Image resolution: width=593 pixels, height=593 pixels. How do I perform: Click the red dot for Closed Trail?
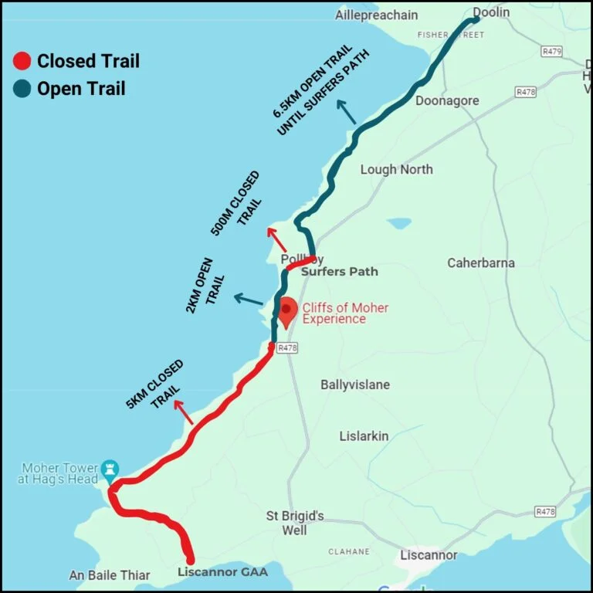click(x=23, y=61)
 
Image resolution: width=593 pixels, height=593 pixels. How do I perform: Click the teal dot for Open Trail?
click(x=23, y=89)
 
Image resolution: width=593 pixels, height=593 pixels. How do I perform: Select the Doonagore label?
click(x=447, y=101)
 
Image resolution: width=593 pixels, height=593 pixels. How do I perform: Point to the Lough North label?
click(x=397, y=169)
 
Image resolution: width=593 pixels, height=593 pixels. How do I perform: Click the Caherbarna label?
click(x=480, y=263)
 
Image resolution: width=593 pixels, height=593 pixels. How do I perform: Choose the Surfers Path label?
click(x=340, y=272)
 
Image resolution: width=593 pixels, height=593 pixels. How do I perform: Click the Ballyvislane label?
click(x=355, y=385)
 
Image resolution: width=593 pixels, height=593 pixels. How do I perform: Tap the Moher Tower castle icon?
click(x=112, y=469)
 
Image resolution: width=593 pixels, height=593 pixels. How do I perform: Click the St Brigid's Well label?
click(x=295, y=523)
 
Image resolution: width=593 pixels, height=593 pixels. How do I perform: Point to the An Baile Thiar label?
click(x=110, y=575)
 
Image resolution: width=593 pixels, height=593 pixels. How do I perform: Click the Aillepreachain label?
click(x=376, y=15)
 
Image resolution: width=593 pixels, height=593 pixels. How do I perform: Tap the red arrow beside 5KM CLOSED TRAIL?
click(x=185, y=413)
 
